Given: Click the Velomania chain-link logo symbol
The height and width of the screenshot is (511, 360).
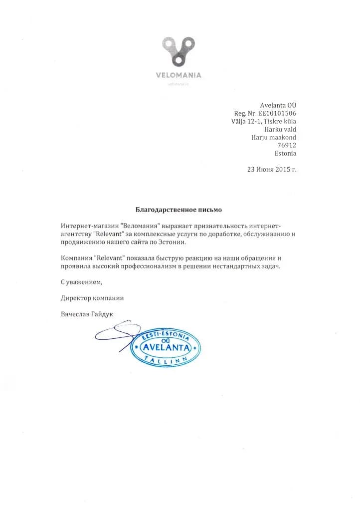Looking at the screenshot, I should coord(178,51).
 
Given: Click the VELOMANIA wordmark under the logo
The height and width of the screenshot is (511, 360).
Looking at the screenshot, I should coord(178,75).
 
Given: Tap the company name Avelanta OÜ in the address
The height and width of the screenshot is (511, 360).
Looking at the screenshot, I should coord(278,105).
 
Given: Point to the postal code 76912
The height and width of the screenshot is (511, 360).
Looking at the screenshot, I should coord(287,145).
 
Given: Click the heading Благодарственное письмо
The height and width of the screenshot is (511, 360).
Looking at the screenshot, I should coord(179,210).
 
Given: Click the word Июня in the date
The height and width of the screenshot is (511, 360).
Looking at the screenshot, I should coord(262,169).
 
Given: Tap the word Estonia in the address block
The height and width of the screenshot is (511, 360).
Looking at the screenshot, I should coord(285,153).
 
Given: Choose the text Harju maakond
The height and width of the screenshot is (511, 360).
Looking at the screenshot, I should coord(274,137).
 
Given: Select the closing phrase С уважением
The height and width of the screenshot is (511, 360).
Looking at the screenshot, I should coord(81,282).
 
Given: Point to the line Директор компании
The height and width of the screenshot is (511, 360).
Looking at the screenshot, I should coord(92,298).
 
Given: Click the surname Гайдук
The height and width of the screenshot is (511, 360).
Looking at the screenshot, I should coord(102,314).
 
